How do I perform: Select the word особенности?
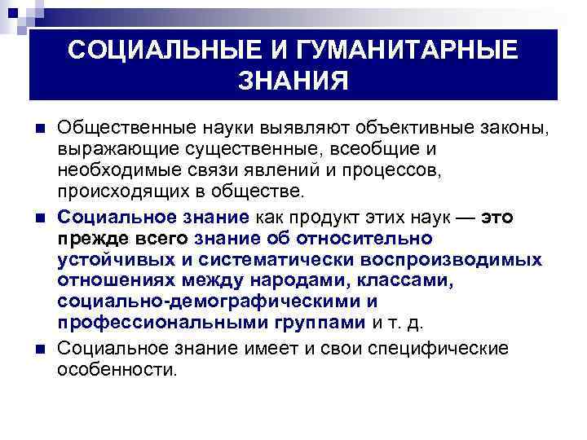(x=117, y=370)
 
